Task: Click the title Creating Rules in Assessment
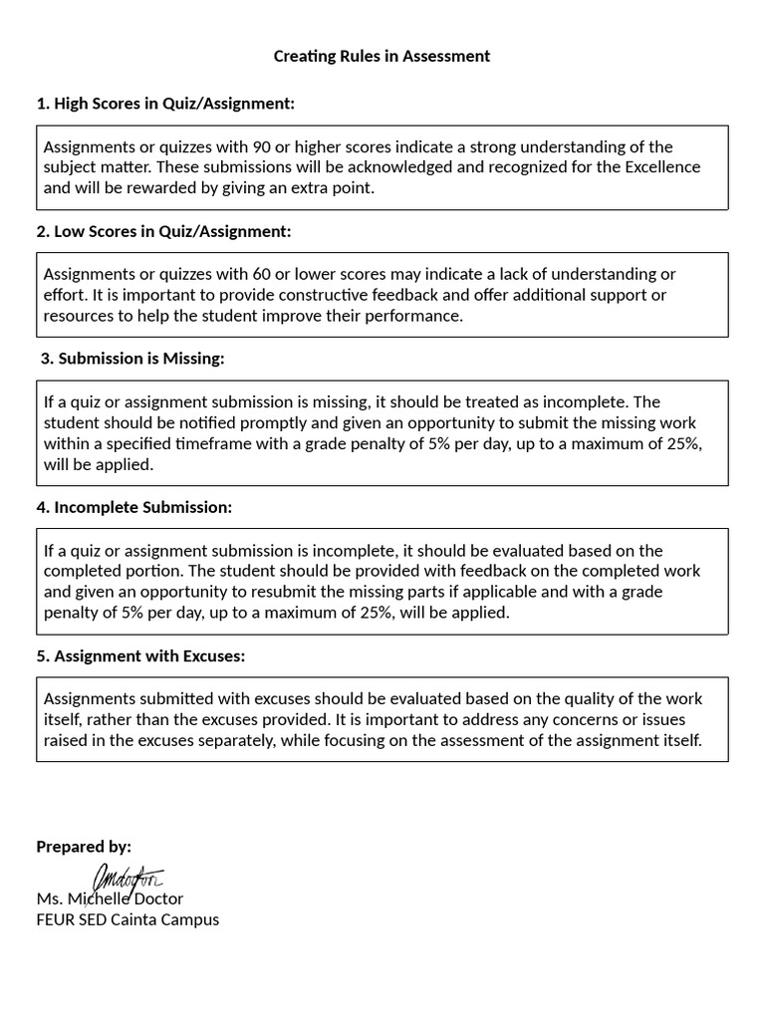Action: (382, 56)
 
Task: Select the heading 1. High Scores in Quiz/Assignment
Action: (165, 104)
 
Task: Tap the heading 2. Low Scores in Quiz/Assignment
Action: (163, 231)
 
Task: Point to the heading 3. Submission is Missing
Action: (132, 359)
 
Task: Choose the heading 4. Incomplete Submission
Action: (133, 507)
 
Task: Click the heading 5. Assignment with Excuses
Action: (140, 655)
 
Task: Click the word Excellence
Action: (662, 166)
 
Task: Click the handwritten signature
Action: (127, 879)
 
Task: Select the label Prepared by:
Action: (84, 847)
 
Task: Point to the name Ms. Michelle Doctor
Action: (110, 898)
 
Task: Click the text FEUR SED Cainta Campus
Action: (127, 919)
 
